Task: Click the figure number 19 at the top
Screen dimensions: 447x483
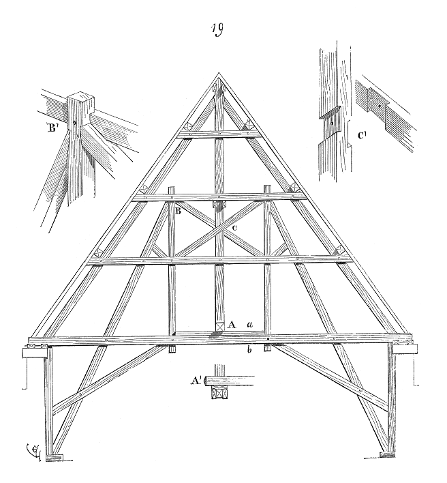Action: pos(217,30)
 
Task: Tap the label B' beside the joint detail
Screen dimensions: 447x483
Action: pos(52,128)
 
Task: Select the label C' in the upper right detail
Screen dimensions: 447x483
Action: pos(362,135)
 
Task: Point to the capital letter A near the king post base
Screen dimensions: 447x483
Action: pos(232,324)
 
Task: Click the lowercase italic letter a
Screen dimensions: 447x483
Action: pos(250,324)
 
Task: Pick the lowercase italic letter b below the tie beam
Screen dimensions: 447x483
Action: pos(250,350)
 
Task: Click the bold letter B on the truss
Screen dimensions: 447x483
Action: pos(178,211)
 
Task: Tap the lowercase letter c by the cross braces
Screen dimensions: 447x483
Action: pos(234,228)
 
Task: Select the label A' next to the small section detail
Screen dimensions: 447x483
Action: pos(196,381)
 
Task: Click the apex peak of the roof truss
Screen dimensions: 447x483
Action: pos(219,73)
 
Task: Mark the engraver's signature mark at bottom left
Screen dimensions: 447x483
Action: pos(33,452)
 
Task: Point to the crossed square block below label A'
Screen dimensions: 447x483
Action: pos(219,393)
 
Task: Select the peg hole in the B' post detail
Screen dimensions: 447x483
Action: pos(75,123)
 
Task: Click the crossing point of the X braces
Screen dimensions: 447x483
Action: pos(219,229)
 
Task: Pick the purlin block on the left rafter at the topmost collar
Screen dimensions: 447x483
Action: pos(188,127)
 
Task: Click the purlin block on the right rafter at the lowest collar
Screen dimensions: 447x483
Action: pos(340,250)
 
